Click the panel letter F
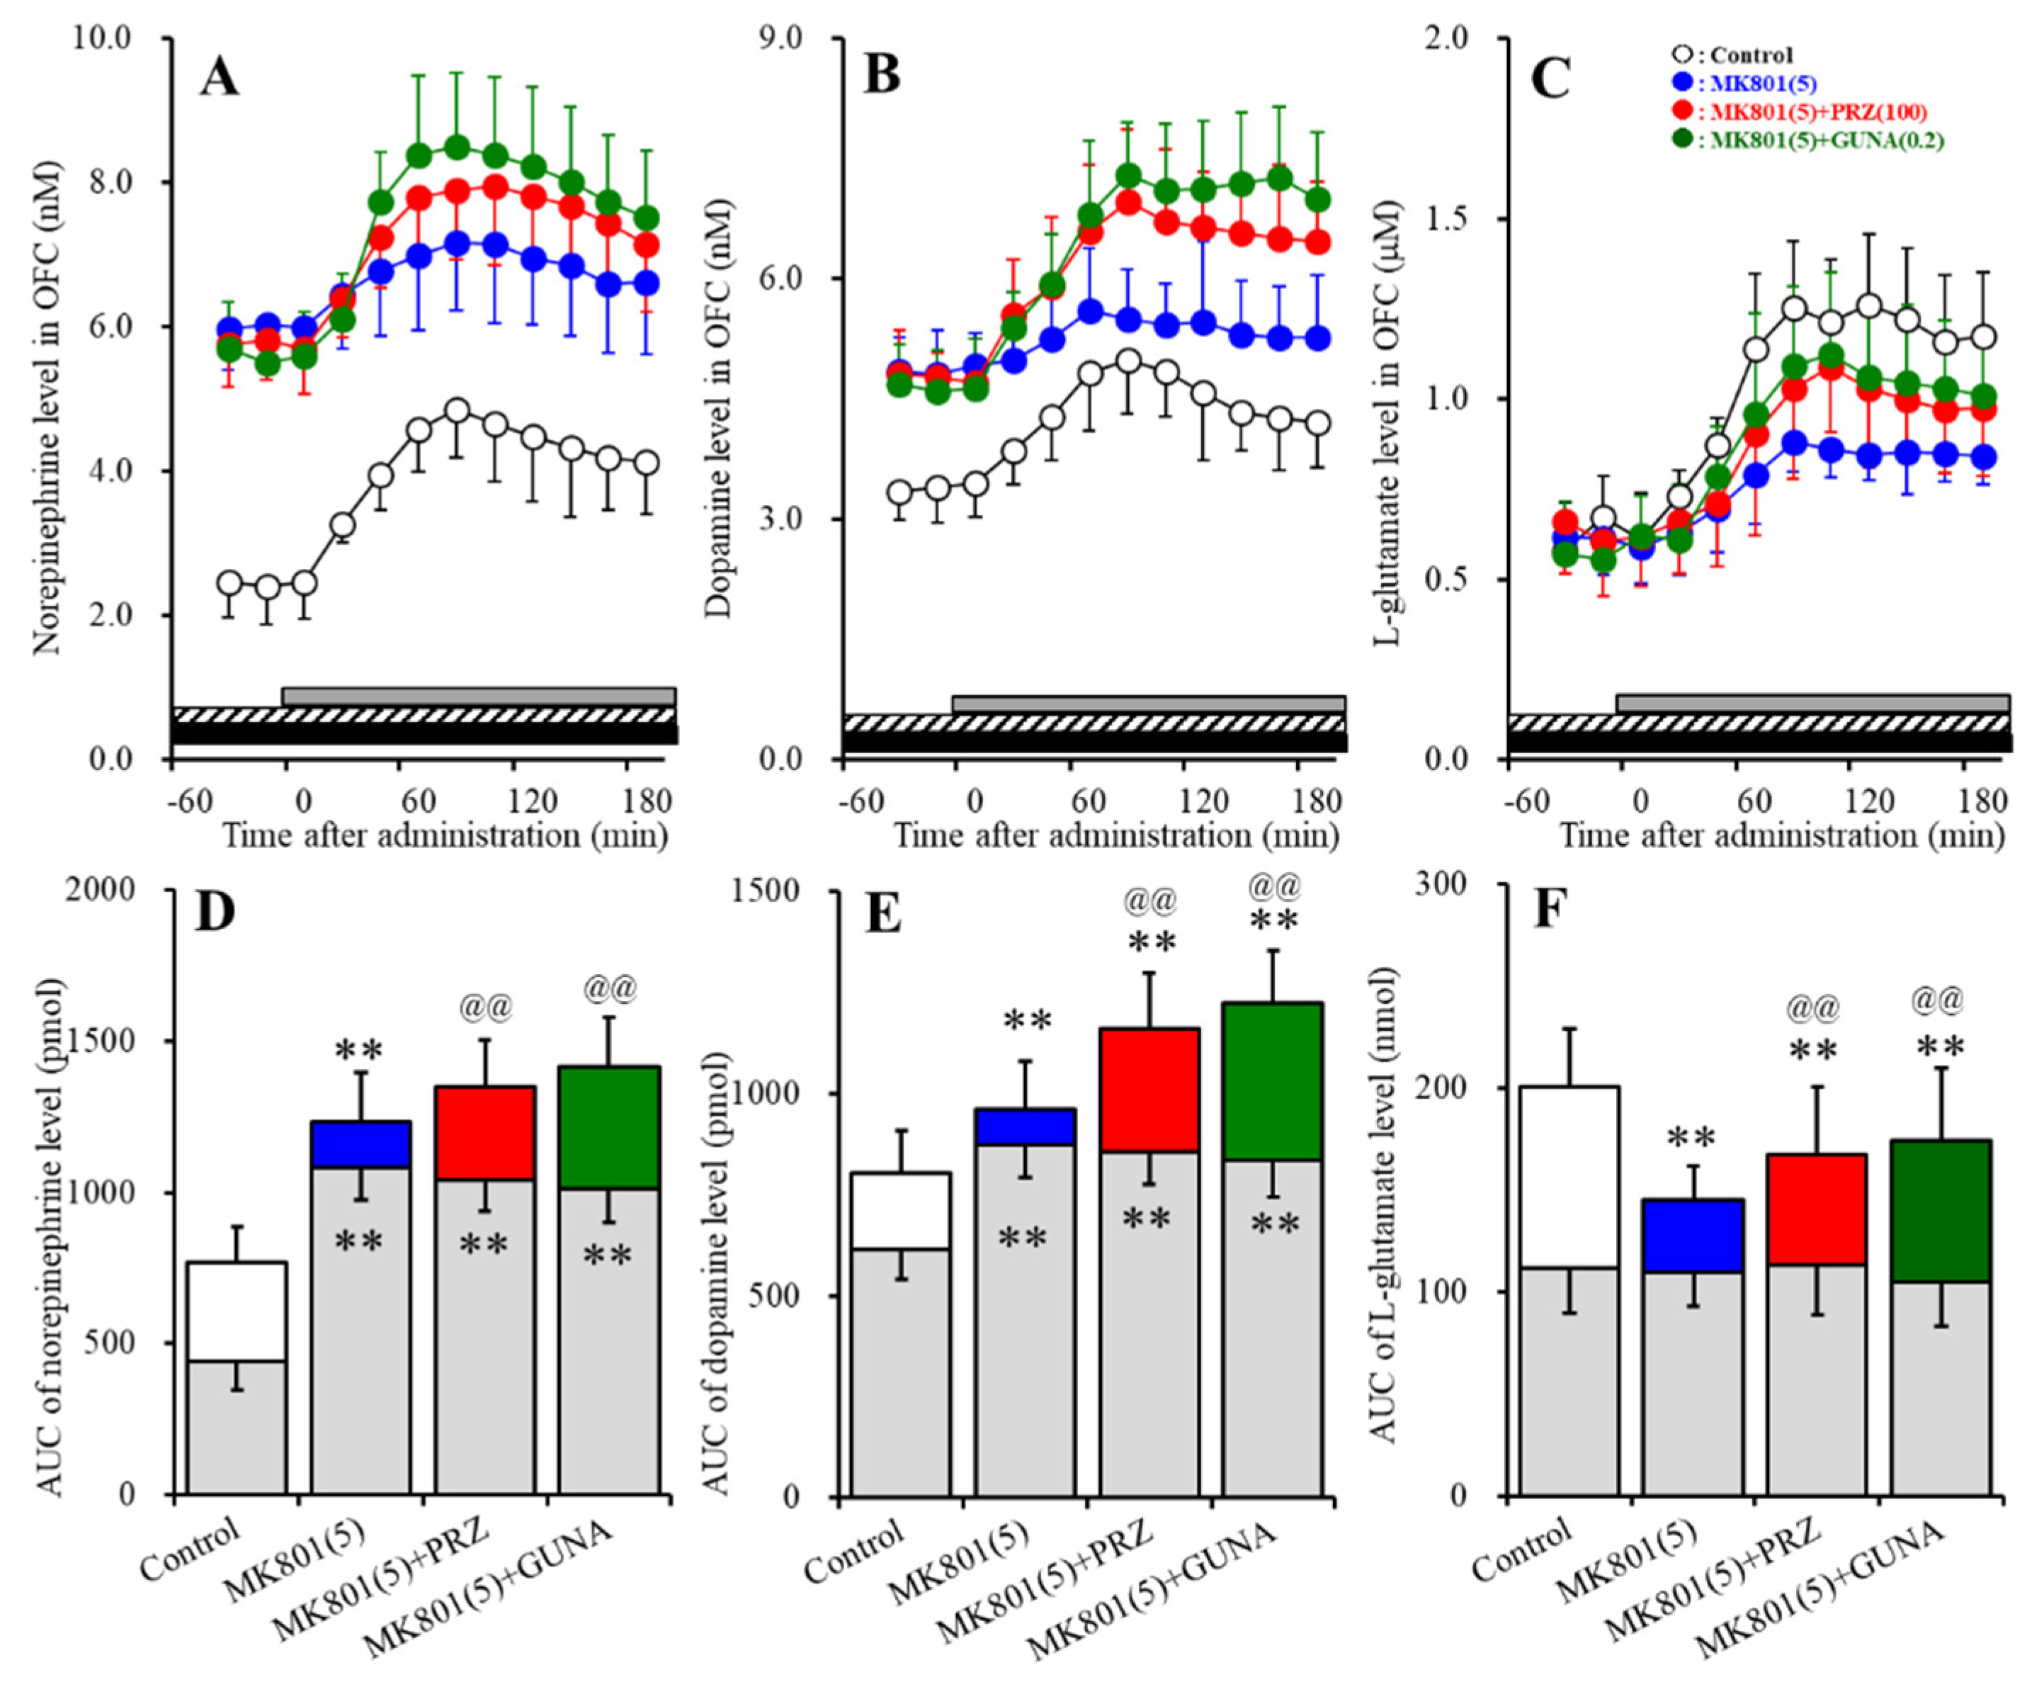point(1552,910)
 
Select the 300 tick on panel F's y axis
point(1439,884)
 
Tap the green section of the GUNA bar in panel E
point(1271,1081)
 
